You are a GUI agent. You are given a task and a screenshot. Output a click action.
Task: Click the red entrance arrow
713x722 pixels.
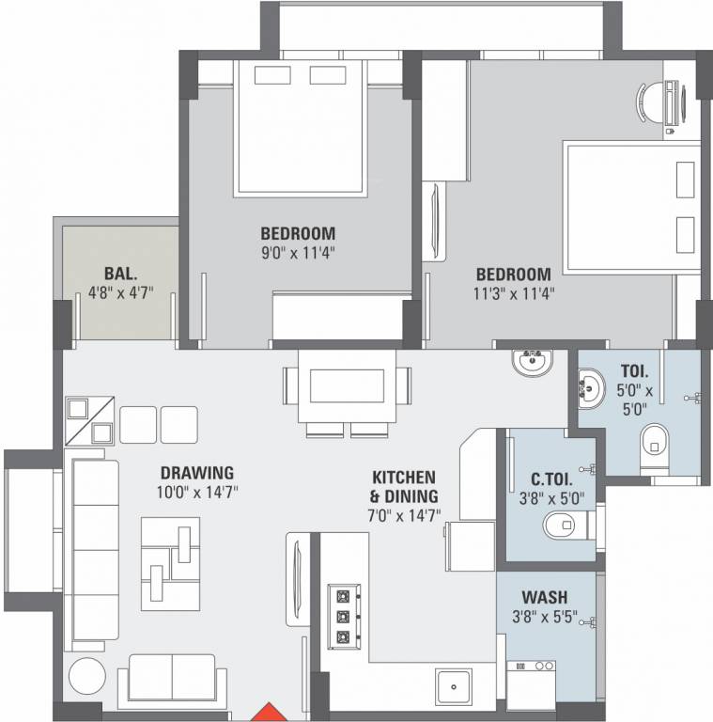(x=270, y=712)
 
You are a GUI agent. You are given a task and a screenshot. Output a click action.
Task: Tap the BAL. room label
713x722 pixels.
(x=120, y=274)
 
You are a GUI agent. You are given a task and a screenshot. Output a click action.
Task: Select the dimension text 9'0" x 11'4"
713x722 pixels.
(x=298, y=252)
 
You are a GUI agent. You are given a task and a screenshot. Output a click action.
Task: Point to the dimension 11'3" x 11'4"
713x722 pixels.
(x=513, y=292)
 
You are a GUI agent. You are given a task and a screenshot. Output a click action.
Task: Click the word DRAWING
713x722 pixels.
(x=196, y=473)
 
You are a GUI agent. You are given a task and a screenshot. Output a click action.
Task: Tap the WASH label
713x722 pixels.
(x=544, y=598)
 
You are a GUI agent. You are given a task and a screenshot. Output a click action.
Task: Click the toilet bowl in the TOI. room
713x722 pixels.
(x=654, y=440)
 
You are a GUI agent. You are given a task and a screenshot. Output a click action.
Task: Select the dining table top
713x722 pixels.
(x=347, y=386)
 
